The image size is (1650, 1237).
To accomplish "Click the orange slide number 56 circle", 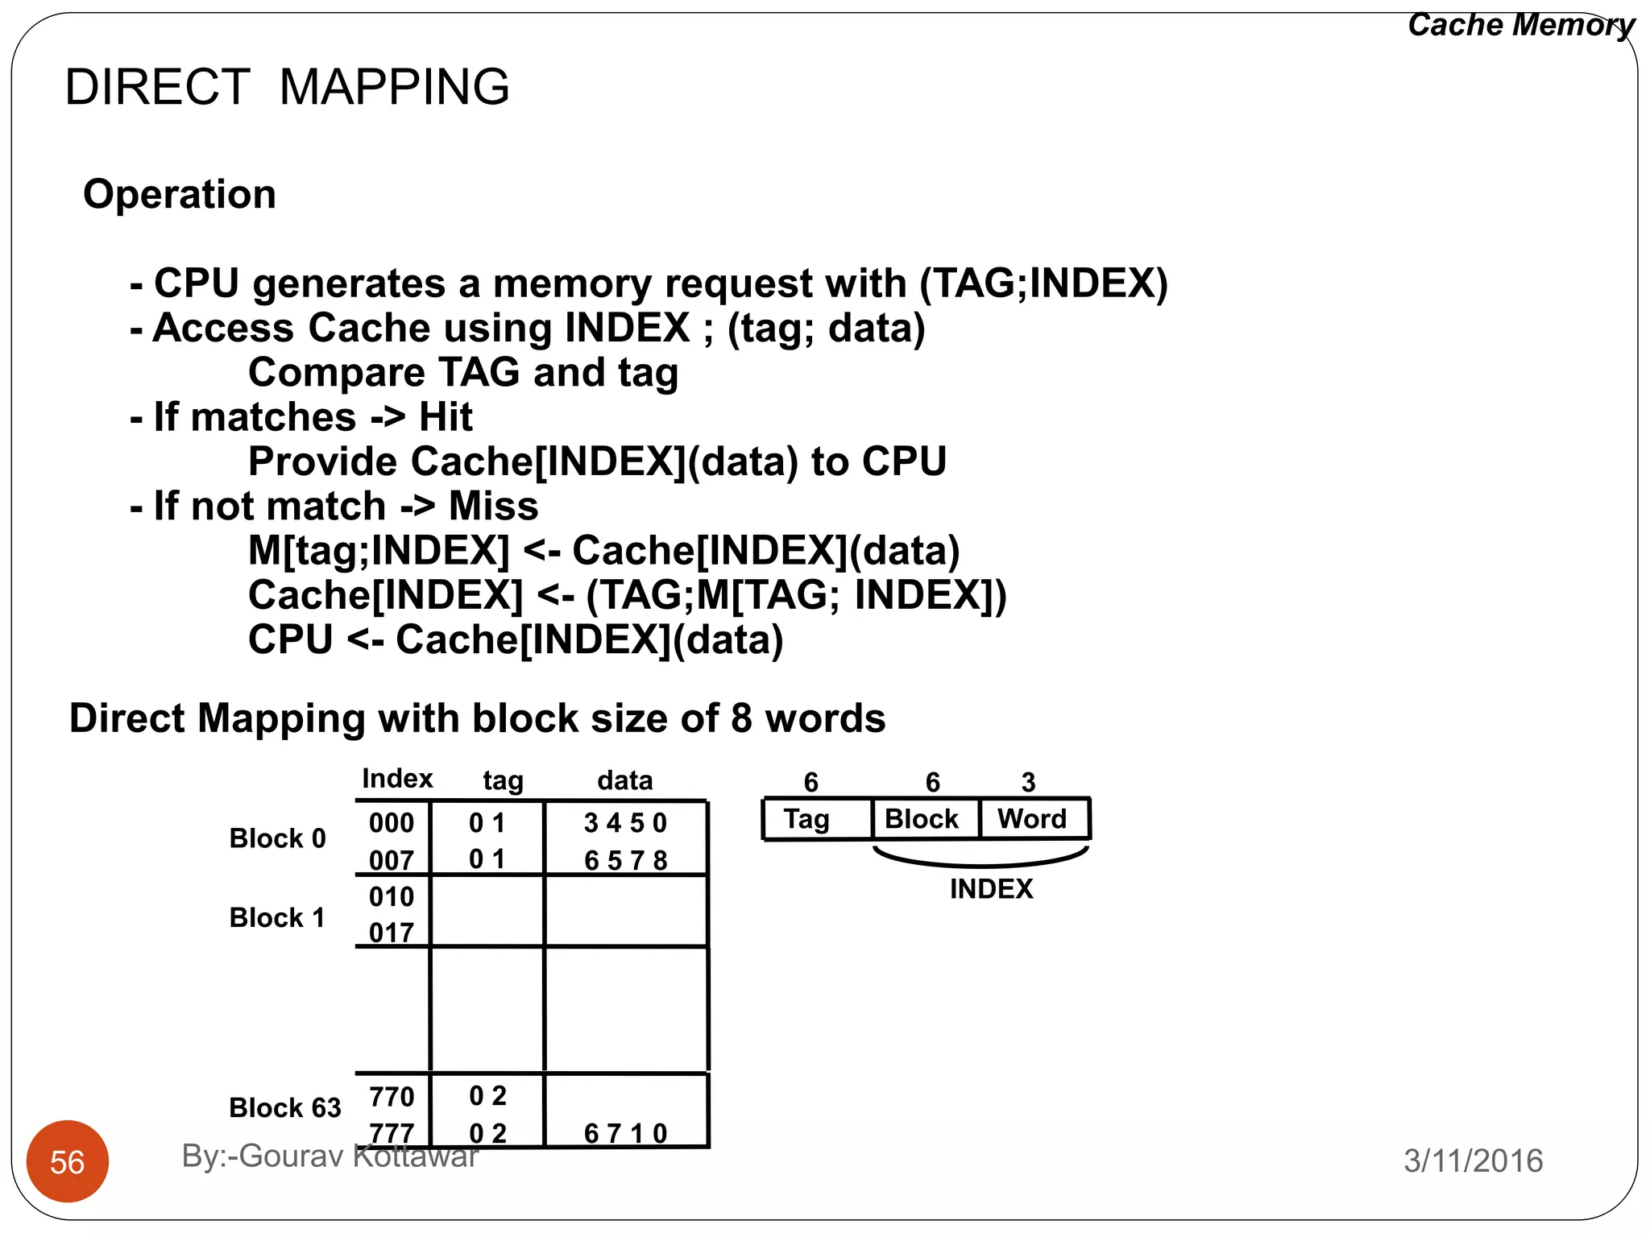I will pos(67,1160).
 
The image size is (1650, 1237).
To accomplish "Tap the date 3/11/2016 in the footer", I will pos(1473,1160).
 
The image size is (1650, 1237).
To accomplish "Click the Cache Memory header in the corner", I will pos(1520,25).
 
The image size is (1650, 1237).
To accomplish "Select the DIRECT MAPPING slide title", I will pos(287,87).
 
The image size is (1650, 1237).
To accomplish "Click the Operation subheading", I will pos(180,194).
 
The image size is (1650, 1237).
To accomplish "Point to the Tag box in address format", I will pos(807,819).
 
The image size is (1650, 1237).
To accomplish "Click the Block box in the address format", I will pos(921,819).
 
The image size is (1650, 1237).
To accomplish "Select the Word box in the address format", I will pos(1031,819).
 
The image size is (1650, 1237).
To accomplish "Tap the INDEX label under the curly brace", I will pos(990,889).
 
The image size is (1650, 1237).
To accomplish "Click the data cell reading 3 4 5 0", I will pos(625,822).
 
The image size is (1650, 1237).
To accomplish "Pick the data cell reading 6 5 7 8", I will pos(625,860).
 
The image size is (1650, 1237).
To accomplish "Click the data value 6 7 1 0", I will pos(625,1133).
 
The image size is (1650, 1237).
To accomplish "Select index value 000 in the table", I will pos(392,822).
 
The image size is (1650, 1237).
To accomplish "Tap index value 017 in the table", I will pos(392,933).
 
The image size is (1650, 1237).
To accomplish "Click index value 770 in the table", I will pos(392,1096).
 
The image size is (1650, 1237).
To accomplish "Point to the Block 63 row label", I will pos(284,1107).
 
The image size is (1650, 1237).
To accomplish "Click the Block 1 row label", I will pos(277,917).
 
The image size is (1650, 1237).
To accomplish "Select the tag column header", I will pos(503,780).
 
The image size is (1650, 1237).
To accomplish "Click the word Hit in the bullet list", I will pos(446,417).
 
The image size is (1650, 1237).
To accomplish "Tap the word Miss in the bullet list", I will pos(493,507).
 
